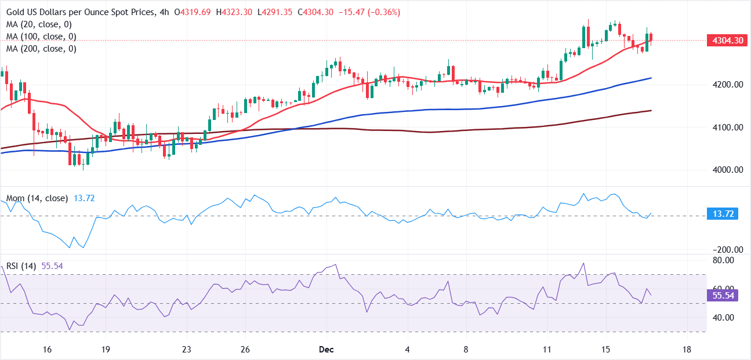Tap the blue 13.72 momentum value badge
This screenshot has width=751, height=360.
(x=721, y=214)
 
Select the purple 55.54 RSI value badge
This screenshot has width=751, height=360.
(x=721, y=296)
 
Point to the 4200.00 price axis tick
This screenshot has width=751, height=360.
(x=727, y=85)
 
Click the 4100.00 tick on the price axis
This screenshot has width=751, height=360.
(x=727, y=128)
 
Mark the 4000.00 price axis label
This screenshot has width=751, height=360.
(x=727, y=170)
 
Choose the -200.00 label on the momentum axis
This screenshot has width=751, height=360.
(x=727, y=250)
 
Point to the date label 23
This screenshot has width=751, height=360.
(x=186, y=350)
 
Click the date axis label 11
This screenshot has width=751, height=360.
(x=547, y=350)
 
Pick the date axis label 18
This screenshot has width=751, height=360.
(x=687, y=350)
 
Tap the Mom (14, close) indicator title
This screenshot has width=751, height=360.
(x=37, y=198)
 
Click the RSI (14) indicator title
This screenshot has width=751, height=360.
(x=21, y=266)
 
